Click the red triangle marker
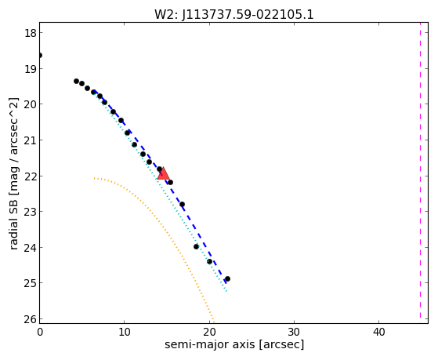pyautogui.click(x=163, y=173)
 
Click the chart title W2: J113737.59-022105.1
pyautogui.click(x=234, y=15)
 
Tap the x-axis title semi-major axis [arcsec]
pyautogui.click(x=234, y=344)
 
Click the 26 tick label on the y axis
pyautogui.click(x=31, y=319)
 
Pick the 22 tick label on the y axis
pyautogui.click(x=31, y=176)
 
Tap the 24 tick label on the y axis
pyautogui.click(x=31, y=248)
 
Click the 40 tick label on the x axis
pyautogui.click(x=378, y=332)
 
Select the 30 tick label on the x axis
pyautogui.click(x=294, y=332)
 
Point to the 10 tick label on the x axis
pyautogui.click(x=125, y=332)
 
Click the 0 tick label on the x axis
pyautogui.click(x=40, y=332)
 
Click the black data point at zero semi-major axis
pyautogui.click(x=40, y=56)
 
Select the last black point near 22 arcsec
pyautogui.click(x=227, y=279)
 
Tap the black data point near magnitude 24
pyautogui.click(x=196, y=247)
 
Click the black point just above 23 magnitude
pyautogui.click(x=182, y=205)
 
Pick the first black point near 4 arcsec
pyautogui.click(x=76, y=81)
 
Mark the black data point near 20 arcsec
pyautogui.click(x=209, y=262)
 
